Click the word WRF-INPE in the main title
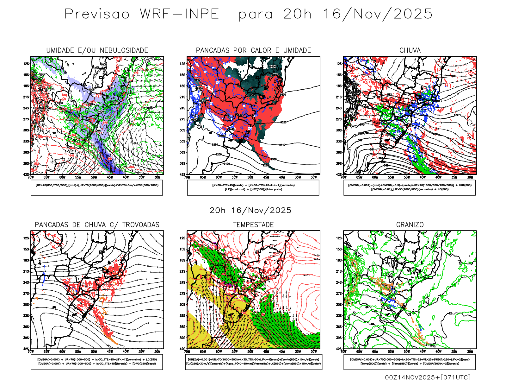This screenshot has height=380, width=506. tap(179, 14)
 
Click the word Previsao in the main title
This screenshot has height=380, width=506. tap(97, 14)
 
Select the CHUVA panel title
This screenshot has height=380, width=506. tap(410, 50)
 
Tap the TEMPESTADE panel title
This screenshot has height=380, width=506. tap(253, 225)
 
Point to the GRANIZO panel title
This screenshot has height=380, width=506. tap(410, 225)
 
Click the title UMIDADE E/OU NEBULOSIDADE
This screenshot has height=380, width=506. tap(97, 50)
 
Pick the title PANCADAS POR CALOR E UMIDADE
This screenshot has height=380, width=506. tap(253, 50)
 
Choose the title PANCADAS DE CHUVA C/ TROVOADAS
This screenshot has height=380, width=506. tap(97, 225)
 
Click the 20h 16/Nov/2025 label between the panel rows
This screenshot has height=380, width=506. tap(250, 210)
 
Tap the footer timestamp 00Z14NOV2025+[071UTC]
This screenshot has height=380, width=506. tap(428, 377)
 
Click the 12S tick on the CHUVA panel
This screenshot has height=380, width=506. tap(339, 64)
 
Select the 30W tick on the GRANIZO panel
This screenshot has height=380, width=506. tap(470, 351)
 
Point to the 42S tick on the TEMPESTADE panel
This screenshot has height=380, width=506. tap(182, 349)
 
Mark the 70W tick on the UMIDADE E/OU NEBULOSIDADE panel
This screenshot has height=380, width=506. tap(31, 177)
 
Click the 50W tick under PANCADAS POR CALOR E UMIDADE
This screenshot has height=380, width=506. tap(250, 177)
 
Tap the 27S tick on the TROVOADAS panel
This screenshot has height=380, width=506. tap(26, 294)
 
